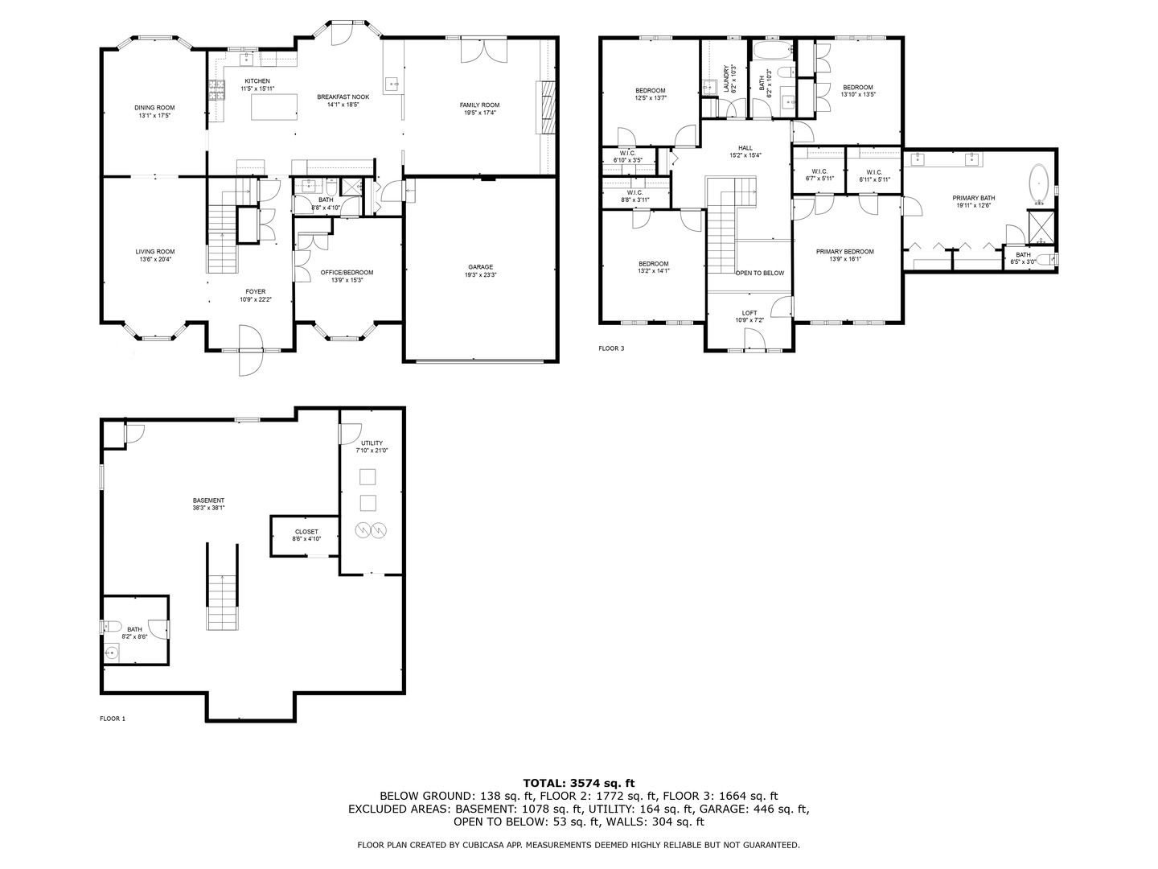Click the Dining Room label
pos(154,111)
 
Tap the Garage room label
pos(481,271)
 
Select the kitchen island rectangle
pos(274,106)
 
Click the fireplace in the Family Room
pos(546,106)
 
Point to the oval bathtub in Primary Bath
pos(1040,184)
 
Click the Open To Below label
pos(759,274)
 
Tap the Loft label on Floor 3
pos(749,316)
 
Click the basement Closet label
pos(306,535)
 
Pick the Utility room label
pos(372,447)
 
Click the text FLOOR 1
pos(113,719)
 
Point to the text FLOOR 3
pos(611,348)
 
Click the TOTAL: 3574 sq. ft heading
pos(578,782)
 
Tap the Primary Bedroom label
pos(844,255)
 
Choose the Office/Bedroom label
pos(347,276)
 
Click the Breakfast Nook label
pos(343,101)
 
